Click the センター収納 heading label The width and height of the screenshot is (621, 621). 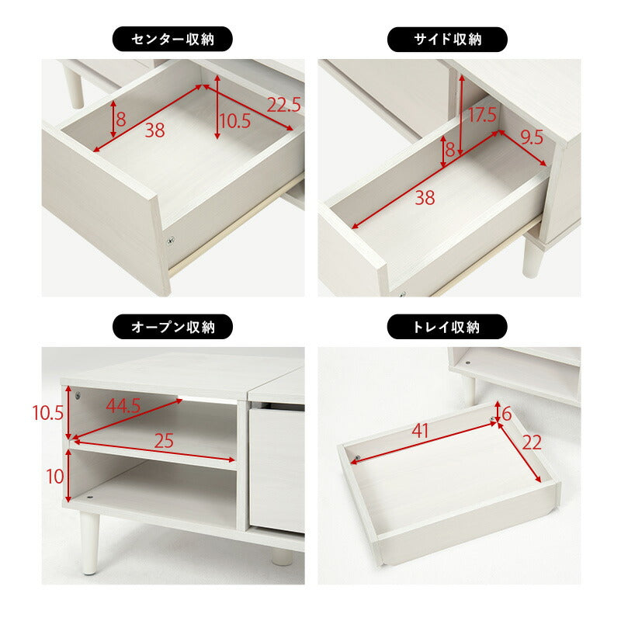point(172,39)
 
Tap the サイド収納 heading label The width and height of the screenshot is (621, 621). point(446,39)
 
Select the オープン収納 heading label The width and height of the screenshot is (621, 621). point(172,327)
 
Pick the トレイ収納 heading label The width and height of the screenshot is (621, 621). point(446,327)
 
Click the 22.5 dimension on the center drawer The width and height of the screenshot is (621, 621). point(283,104)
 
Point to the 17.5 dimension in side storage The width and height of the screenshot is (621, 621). point(480,116)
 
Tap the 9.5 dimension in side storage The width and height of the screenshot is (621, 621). point(532,138)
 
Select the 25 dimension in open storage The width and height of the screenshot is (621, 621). point(162,441)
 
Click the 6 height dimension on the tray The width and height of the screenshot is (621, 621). point(507,414)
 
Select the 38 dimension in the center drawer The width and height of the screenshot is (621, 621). point(154,131)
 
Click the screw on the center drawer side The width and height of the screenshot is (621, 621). point(171,241)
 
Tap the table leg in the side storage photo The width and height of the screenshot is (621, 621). point(532,256)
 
